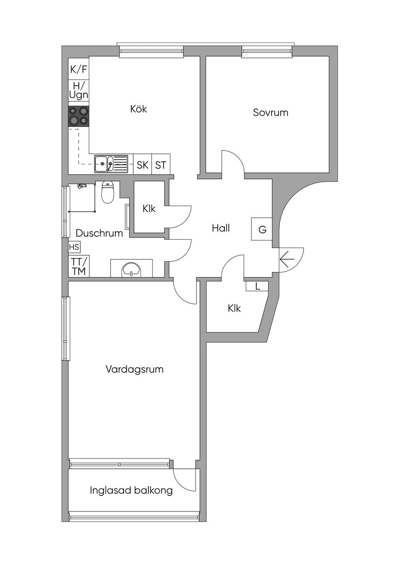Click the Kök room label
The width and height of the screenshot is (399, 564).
[139, 109]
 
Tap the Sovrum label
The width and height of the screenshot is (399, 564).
[270, 113]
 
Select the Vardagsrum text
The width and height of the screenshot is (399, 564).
[134, 369]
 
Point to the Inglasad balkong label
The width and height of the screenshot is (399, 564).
[131, 490]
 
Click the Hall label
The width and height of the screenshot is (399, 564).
[221, 228]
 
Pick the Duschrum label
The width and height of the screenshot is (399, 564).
[99, 233]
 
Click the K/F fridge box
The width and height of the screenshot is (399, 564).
[79, 69]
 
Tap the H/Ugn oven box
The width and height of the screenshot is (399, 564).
[79, 91]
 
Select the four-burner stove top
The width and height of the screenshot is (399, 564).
[79, 116]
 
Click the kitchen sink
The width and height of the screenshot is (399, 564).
[111, 164]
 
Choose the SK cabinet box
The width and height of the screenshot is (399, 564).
[143, 164]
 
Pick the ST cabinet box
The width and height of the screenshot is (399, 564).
[161, 164]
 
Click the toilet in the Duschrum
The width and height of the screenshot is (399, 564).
[108, 192]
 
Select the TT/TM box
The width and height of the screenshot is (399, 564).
[79, 266]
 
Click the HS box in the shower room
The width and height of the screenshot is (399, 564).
[74, 247]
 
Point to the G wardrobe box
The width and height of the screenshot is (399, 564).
[262, 229]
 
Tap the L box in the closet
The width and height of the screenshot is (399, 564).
[257, 286]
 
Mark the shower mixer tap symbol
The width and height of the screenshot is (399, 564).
[82, 186]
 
